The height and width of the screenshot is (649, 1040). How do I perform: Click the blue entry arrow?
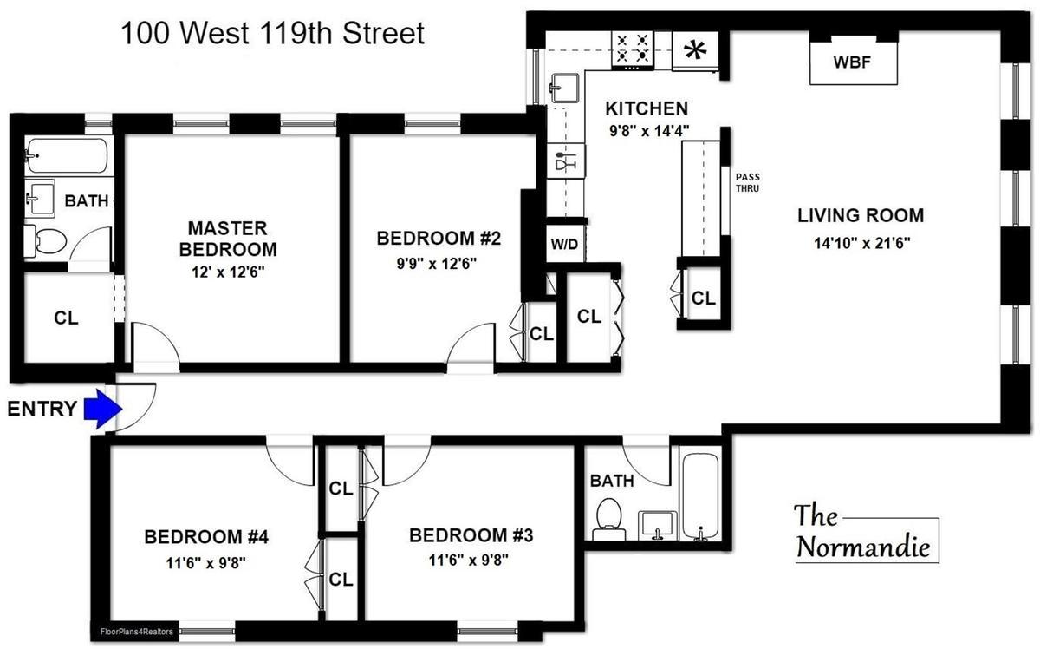pos(101,409)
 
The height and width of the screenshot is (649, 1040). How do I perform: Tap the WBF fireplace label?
pos(851,62)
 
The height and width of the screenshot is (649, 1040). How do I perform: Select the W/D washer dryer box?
pos(564,244)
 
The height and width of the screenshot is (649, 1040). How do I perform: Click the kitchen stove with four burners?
pos(633,49)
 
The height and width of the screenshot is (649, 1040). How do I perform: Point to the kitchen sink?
pos(565,87)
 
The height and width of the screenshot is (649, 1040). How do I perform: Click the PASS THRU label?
pos(746,181)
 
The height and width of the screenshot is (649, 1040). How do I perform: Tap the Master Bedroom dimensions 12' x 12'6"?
pos(227,271)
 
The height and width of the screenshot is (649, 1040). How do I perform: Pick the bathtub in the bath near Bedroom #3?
pos(699,495)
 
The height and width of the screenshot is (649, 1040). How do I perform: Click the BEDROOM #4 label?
pos(207,536)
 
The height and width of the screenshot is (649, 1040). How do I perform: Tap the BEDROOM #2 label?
pos(439,238)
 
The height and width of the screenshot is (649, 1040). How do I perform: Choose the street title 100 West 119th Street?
pos(272,34)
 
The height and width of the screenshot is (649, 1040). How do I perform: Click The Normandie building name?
pos(862,532)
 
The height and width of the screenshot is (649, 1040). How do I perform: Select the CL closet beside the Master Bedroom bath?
pos(66,318)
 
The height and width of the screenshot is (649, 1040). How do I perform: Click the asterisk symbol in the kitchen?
pos(694,49)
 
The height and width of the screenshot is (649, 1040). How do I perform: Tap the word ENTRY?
pos(42,409)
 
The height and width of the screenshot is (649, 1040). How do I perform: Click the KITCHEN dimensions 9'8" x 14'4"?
pos(647,133)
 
